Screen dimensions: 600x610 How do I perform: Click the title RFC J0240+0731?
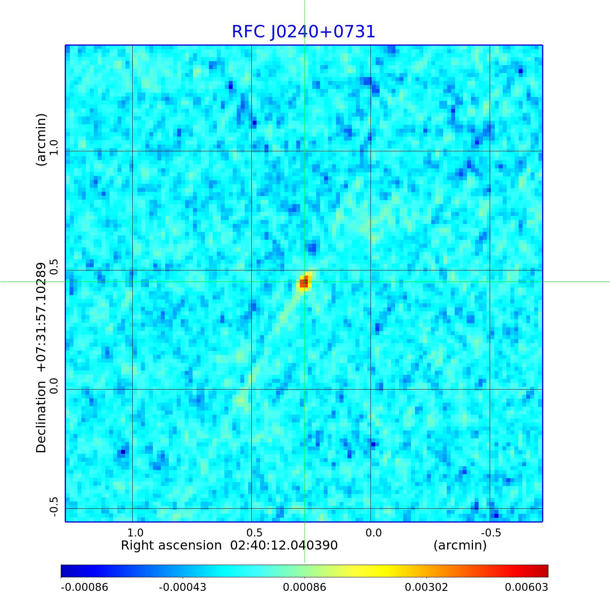click(x=303, y=32)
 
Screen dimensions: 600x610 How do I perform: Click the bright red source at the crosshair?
click(x=304, y=283)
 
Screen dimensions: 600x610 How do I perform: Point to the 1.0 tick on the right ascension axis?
click(x=135, y=532)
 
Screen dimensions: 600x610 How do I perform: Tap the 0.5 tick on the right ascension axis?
click(x=254, y=532)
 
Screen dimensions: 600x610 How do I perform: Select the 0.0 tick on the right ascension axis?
click(x=373, y=532)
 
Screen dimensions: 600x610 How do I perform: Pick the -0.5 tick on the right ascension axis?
click(x=491, y=532)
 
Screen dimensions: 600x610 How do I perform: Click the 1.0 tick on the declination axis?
click(x=53, y=147)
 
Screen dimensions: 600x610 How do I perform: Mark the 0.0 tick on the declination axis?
click(x=53, y=386)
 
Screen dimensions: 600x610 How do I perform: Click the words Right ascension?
click(x=171, y=546)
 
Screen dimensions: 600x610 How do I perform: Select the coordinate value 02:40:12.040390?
click(x=284, y=546)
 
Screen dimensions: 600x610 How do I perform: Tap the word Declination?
click(x=41, y=417)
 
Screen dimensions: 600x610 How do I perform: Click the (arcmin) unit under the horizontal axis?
click(x=460, y=546)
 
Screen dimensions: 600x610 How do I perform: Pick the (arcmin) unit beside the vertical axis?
click(x=41, y=139)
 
